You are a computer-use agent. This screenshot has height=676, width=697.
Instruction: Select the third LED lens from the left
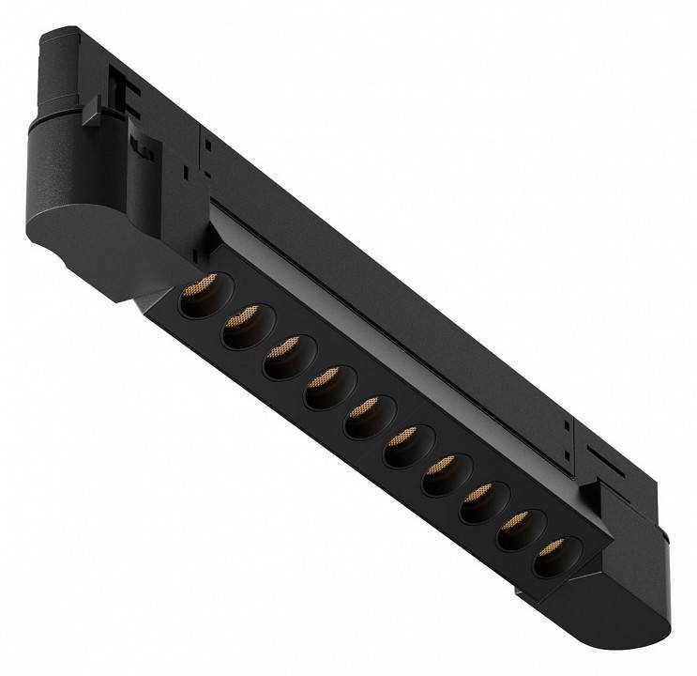[x=281, y=358]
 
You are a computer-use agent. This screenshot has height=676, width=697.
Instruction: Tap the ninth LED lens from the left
[x=516, y=528]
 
